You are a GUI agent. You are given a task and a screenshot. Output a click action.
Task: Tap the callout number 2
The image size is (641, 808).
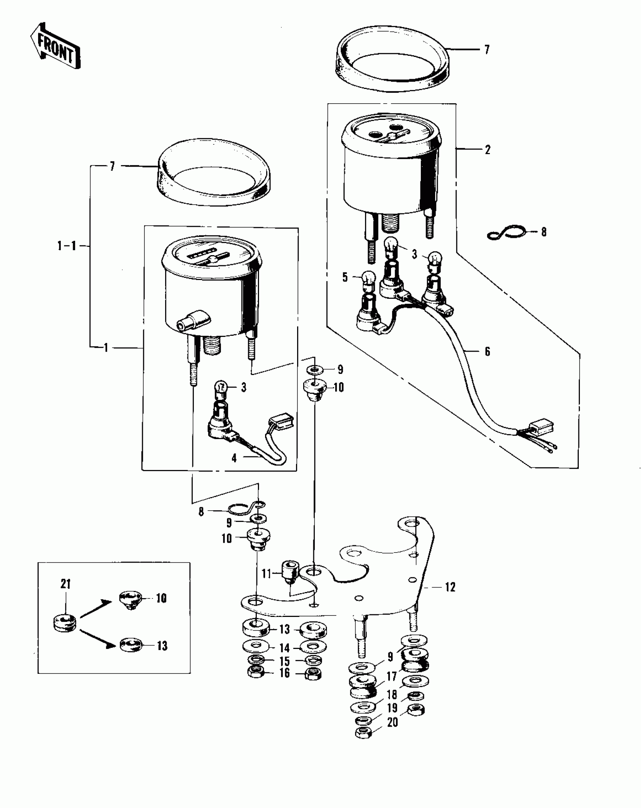[x=488, y=150]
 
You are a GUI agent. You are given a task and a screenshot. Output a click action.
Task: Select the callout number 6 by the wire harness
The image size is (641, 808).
[x=487, y=352]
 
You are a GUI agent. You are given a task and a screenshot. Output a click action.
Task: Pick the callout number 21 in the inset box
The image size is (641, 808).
[x=66, y=584]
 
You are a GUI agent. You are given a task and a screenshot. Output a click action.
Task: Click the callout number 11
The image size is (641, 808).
[x=267, y=574]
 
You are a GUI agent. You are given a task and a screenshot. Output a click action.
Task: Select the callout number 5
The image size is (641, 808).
[x=345, y=278]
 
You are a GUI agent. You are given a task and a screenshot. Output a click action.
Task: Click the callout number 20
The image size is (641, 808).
[x=393, y=722]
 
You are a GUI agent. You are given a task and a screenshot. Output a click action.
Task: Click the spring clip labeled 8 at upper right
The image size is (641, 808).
[x=506, y=233]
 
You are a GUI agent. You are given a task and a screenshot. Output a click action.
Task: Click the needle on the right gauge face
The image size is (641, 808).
[x=392, y=136]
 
